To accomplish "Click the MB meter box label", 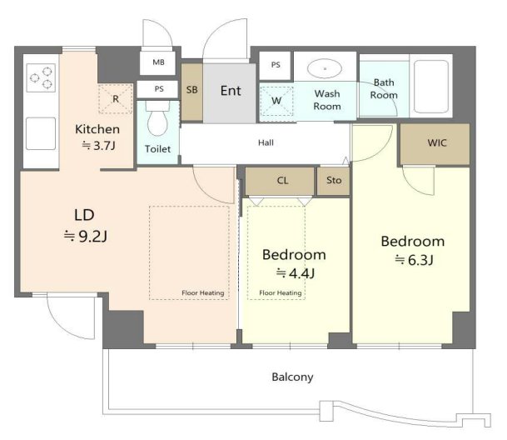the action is [158, 62].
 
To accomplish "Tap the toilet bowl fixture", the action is [157, 119].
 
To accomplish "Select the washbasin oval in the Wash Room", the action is [325, 68].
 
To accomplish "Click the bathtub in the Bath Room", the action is [431, 86].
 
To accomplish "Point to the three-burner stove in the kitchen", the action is [41, 77].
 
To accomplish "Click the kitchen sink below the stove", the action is [41, 133].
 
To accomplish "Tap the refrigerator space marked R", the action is [116, 98].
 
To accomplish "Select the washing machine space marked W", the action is [276, 101].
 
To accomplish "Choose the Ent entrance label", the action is [231, 91].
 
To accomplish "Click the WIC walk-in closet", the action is [435, 144].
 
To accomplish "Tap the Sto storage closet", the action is [333, 181].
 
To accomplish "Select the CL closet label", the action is [282, 180].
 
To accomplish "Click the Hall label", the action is [266, 142].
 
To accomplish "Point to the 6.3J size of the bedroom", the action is [414, 260].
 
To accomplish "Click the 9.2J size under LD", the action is [86, 237].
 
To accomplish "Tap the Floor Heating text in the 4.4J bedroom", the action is [281, 293].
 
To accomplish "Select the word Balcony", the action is [292, 377].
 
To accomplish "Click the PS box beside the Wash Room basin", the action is [276, 65].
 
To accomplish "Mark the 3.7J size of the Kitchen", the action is [98, 146].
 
